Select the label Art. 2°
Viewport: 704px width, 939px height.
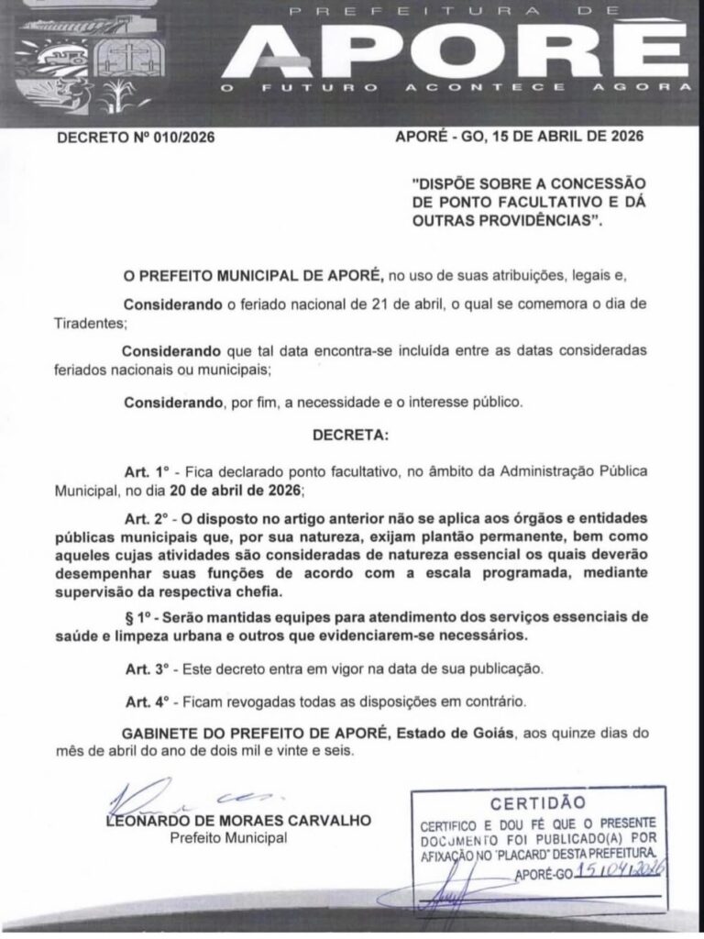pos(147,518)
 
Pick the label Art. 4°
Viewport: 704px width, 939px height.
pos(147,701)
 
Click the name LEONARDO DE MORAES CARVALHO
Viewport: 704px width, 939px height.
pos(239,821)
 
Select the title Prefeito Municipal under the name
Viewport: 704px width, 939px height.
pos(228,838)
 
